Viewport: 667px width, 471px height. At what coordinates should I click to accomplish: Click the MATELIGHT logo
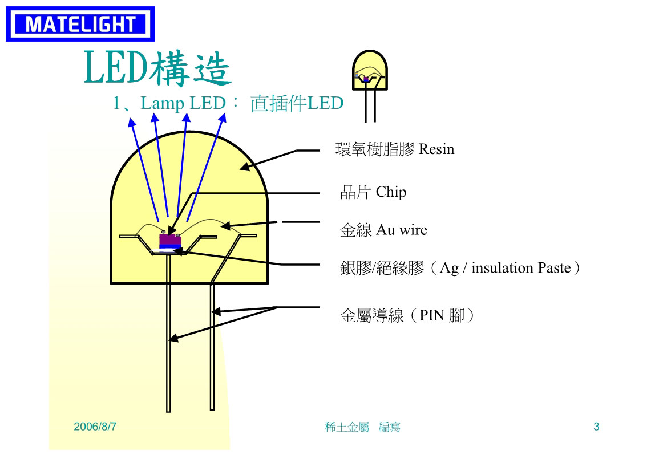click(80, 24)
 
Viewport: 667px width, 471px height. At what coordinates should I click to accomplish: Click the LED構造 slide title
click(158, 68)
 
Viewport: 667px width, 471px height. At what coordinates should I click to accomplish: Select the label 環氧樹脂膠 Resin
click(395, 149)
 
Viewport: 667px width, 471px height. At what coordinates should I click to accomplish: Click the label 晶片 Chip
click(373, 192)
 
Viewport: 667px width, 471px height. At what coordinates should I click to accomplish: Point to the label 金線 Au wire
click(383, 230)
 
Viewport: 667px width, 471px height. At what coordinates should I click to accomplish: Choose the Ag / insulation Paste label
click(460, 268)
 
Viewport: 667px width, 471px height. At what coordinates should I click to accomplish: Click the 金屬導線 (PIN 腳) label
click(407, 315)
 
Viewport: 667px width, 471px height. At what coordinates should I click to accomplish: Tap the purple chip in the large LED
click(170, 241)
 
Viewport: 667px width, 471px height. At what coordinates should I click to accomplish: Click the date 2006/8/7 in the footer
click(95, 427)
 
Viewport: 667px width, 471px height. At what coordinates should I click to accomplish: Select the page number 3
click(596, 427)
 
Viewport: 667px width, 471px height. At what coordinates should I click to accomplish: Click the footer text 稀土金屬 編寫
click(362, 427)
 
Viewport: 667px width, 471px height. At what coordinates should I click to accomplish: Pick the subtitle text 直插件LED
click(297, 103)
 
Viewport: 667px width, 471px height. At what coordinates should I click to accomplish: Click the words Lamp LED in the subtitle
click(183, 103)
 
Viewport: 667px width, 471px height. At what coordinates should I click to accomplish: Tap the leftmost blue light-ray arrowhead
click(132, 123)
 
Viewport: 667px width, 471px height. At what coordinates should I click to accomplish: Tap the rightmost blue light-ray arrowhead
click(223, 118)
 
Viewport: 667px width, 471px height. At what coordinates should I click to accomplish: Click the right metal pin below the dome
click(212, 347)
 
